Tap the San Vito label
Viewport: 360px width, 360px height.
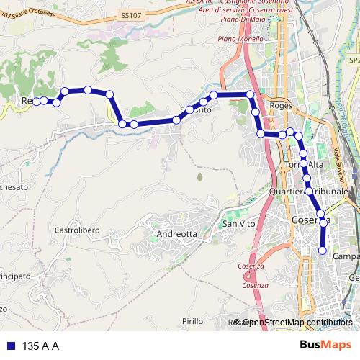coord(238,225)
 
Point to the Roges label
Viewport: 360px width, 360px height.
coord(279,105)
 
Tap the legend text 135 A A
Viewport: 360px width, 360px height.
coord(40,346)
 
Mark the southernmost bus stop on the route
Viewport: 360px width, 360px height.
coord(322,251)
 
